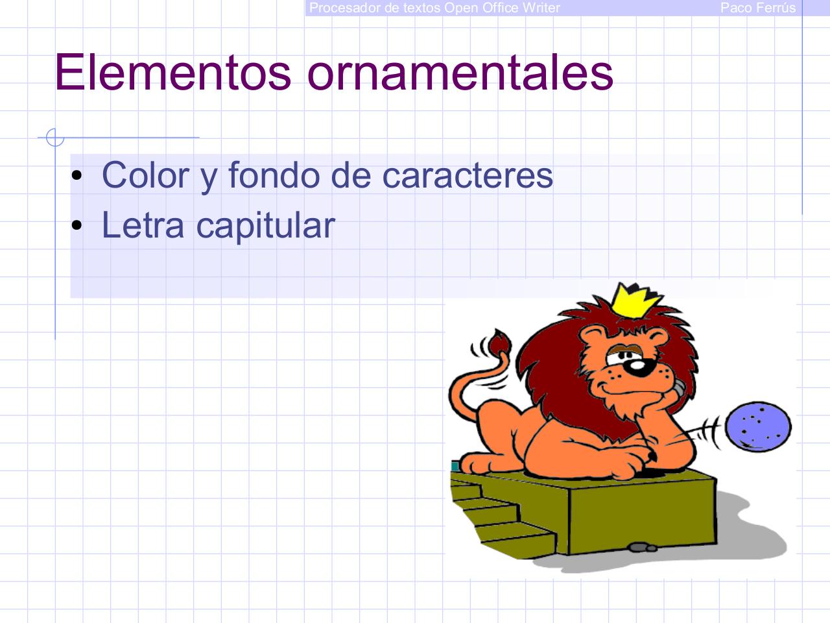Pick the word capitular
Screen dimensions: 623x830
click(265, 225)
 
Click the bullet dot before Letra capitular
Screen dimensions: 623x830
click(77, 226)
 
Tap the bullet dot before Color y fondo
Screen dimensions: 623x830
click(77, 176)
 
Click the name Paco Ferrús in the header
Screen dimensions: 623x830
click(757, 8)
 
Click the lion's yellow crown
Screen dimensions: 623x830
click(637, 301)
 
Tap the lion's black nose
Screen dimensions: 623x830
click(638, 369)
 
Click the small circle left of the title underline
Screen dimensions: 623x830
click(55, 138)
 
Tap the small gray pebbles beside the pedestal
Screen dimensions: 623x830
click(643, 547)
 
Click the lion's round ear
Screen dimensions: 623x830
click(591, 338)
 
